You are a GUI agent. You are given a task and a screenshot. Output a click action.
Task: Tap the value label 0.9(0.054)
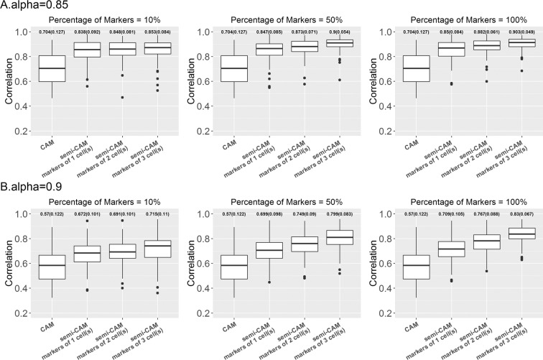click(339, 32)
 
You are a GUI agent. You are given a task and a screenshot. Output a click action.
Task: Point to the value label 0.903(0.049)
click(516, 32)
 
